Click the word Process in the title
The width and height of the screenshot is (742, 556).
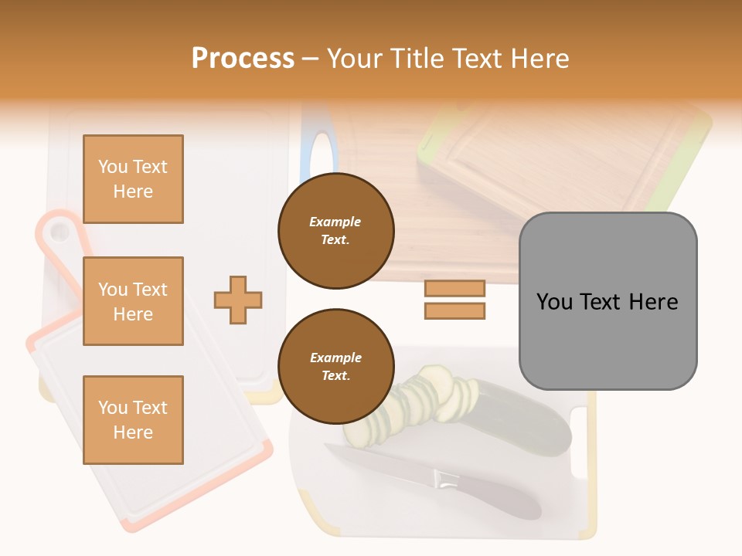tap(243, 59)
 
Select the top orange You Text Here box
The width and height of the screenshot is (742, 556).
tap(133, 179)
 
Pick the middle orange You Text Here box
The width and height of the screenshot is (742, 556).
tap(133, 301)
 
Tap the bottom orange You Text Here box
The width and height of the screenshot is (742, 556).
tap(133, 419)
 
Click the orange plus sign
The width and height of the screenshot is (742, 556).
tap(238, 300)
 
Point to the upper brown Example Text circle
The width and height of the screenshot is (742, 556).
tap(336, 231)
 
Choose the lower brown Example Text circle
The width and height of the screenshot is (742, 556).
tap(336, 367)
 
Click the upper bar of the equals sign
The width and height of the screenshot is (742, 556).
tap(454, 288)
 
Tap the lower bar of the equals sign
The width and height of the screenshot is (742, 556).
tap(454, 311)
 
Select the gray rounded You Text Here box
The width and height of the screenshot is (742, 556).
tap(608, 300)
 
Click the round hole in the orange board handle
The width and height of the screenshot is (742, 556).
tap(57, 232)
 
